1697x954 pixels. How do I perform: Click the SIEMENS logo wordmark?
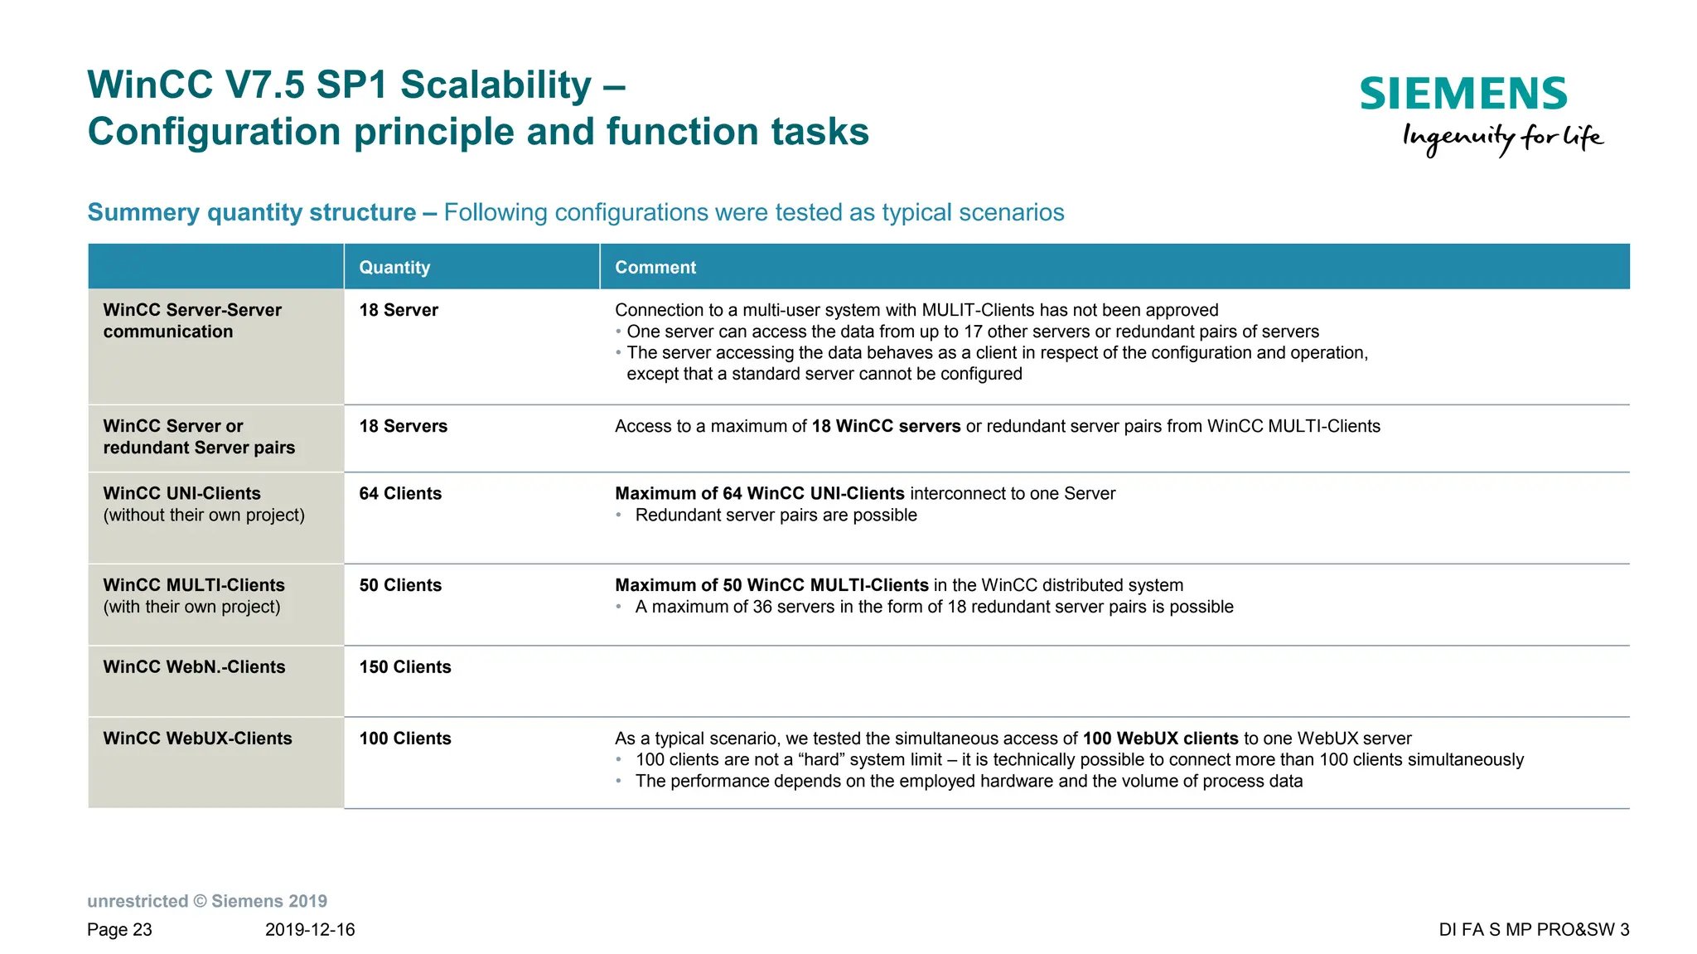point(1463,94)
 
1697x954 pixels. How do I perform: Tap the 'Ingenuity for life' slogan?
point(1502,138)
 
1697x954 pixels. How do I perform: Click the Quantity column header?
point(394,268)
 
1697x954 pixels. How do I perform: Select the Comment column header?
point(655,268)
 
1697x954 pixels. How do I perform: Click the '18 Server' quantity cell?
point(399,310)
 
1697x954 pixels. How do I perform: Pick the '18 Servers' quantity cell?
point(403,426)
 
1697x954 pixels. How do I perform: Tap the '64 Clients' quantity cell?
point(400,493)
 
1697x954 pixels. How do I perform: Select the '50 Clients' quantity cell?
point(400,585)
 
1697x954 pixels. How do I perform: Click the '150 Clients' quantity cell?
point(405,667)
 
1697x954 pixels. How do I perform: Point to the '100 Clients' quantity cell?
point(405,739)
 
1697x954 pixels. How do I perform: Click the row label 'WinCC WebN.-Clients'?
point(194,667)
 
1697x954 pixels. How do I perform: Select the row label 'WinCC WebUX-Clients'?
point(197,739)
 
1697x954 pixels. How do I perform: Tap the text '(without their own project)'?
point(204,515)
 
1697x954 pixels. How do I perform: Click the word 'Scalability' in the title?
point(495,85)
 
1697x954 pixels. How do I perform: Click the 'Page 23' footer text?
point(119,929)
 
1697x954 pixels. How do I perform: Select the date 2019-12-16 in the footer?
point(310,929)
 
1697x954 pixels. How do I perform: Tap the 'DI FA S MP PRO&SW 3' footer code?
point(1534,929)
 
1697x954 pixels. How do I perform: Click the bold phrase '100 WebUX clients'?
point(1160,739)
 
